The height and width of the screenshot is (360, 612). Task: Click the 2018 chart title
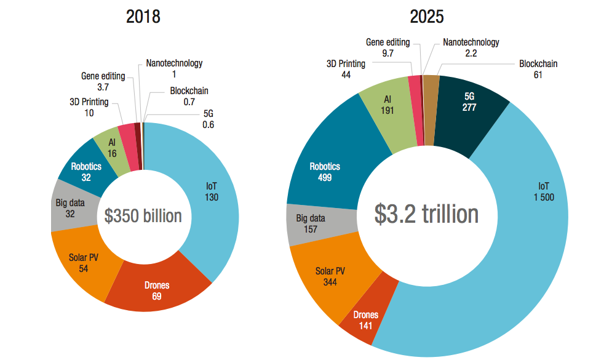pos(143,17)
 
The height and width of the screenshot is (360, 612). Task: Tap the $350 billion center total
pos(143,216)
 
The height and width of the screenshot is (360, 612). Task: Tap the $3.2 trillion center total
pos(426,214)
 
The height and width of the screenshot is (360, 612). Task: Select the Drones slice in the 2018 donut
pos(157,290)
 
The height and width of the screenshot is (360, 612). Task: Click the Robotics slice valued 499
pos(324,172)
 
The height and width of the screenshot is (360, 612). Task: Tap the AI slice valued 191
pos(387,105)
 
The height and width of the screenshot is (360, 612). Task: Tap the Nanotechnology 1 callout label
pos(174,68)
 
